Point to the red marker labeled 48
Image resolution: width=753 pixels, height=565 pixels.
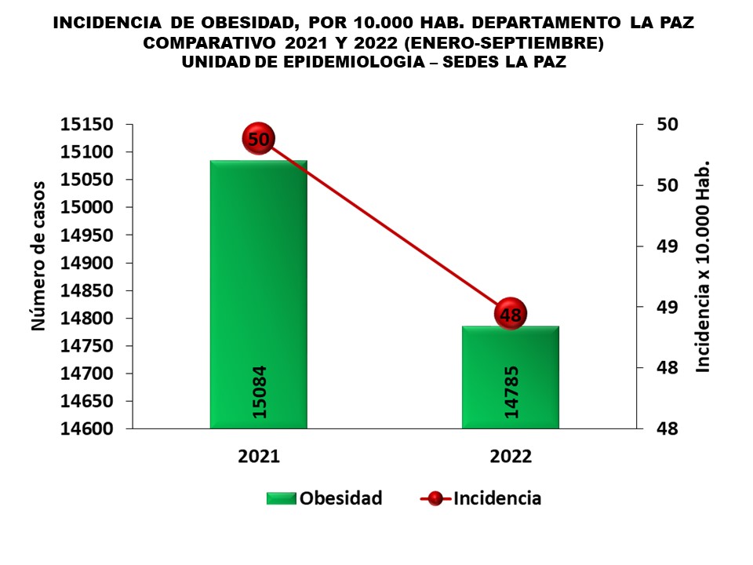[510, 315]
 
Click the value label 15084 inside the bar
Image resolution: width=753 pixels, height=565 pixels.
[259, 392]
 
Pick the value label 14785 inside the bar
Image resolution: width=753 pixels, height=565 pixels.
[511, 392]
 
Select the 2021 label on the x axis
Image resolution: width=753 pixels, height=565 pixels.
[258, 457]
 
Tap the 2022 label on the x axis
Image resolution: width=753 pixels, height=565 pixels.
[510, 457]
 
